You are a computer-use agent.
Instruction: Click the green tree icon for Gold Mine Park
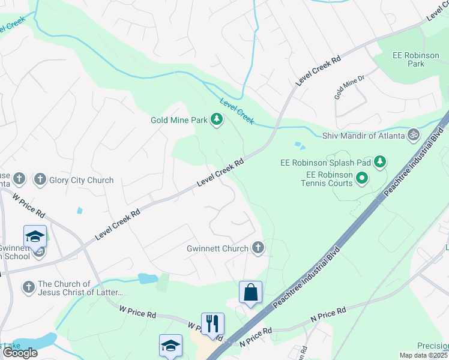coord(217,121)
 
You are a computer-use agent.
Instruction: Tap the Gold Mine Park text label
coord(178,121)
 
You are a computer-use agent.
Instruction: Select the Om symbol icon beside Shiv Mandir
coord(412,136)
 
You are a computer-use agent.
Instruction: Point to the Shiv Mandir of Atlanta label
coord(364,136)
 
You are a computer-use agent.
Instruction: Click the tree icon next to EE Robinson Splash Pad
coord(379,161)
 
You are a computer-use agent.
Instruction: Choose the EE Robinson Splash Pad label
coord(327,162)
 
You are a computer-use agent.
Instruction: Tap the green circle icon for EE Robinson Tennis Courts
coord(361,178)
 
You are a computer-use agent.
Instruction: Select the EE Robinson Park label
coord(416,59)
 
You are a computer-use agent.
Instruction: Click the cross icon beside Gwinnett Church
coord(258,248)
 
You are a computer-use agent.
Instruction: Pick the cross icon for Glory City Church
coord(40,179)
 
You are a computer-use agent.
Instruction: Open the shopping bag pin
coord(250,293)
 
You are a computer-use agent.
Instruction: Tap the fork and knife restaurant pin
coord(212,324)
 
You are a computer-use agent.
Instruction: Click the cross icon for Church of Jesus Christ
coord(28,288)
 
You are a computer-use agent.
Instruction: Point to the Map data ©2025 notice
coord(423,355)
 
